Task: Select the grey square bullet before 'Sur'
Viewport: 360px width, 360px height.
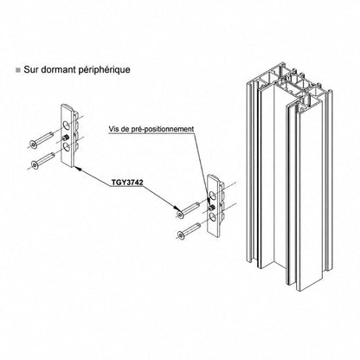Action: pos(18,70)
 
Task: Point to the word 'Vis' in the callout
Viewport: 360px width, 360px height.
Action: pos(113,129)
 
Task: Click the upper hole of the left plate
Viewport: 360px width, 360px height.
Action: pos(67,125)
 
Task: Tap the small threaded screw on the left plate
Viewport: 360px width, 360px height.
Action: pos(66,138)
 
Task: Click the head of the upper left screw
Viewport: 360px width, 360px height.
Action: pos(33,144)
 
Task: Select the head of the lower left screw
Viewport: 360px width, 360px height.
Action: pos(35,164)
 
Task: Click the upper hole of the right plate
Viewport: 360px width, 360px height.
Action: pos(212,196)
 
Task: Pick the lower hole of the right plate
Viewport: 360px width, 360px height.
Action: pos(213,218)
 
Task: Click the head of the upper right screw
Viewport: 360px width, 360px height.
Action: pos(180,215)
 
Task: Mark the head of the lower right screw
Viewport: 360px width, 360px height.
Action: pos(181,235)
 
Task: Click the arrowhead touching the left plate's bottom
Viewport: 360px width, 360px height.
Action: pos(78,169)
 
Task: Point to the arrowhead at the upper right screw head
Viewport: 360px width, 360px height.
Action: pos(175,209)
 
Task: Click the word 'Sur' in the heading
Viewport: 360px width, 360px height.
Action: pos(31,69)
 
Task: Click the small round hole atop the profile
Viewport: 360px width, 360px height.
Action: pos(302,109)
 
